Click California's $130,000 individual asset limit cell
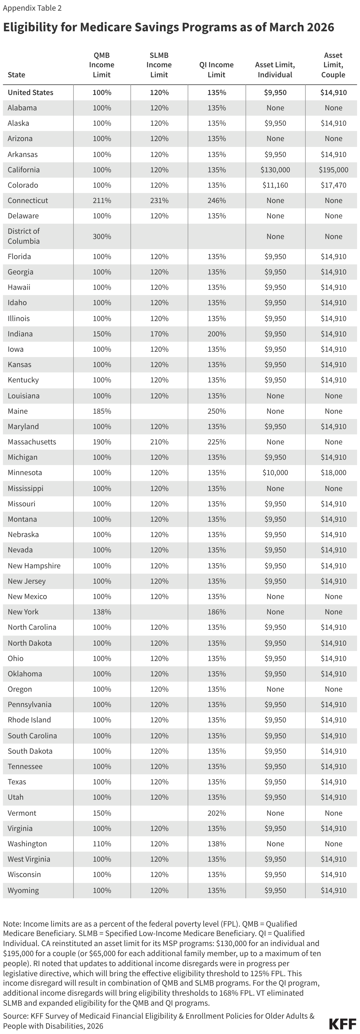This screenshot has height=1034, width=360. tap(275, 170)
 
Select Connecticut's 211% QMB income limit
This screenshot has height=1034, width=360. tap(102, 201)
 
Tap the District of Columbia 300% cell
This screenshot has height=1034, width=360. tap(102, 236)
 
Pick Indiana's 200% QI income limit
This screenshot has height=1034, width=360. tap(217, 334)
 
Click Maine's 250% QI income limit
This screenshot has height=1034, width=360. tap(217, 411)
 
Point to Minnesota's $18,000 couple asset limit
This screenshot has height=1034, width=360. tap(333, 473)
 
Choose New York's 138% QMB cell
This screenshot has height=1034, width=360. tap(102, 612)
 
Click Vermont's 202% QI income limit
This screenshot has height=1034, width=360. tap(217, 813)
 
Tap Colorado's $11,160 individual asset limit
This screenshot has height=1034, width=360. tap(275, 185)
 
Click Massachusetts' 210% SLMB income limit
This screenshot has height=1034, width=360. tap(159, 442)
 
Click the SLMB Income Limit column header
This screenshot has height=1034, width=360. tap(159, 65)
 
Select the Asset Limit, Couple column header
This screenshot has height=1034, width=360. tap(333, 65)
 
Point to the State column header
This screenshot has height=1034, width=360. tap(17, 75)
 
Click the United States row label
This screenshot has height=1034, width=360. tap(30, 93)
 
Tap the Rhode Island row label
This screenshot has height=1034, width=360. tap(29, 720)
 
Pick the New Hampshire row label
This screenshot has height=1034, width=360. tap(34, 566)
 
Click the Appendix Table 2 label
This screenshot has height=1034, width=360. tap(32, 8)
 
